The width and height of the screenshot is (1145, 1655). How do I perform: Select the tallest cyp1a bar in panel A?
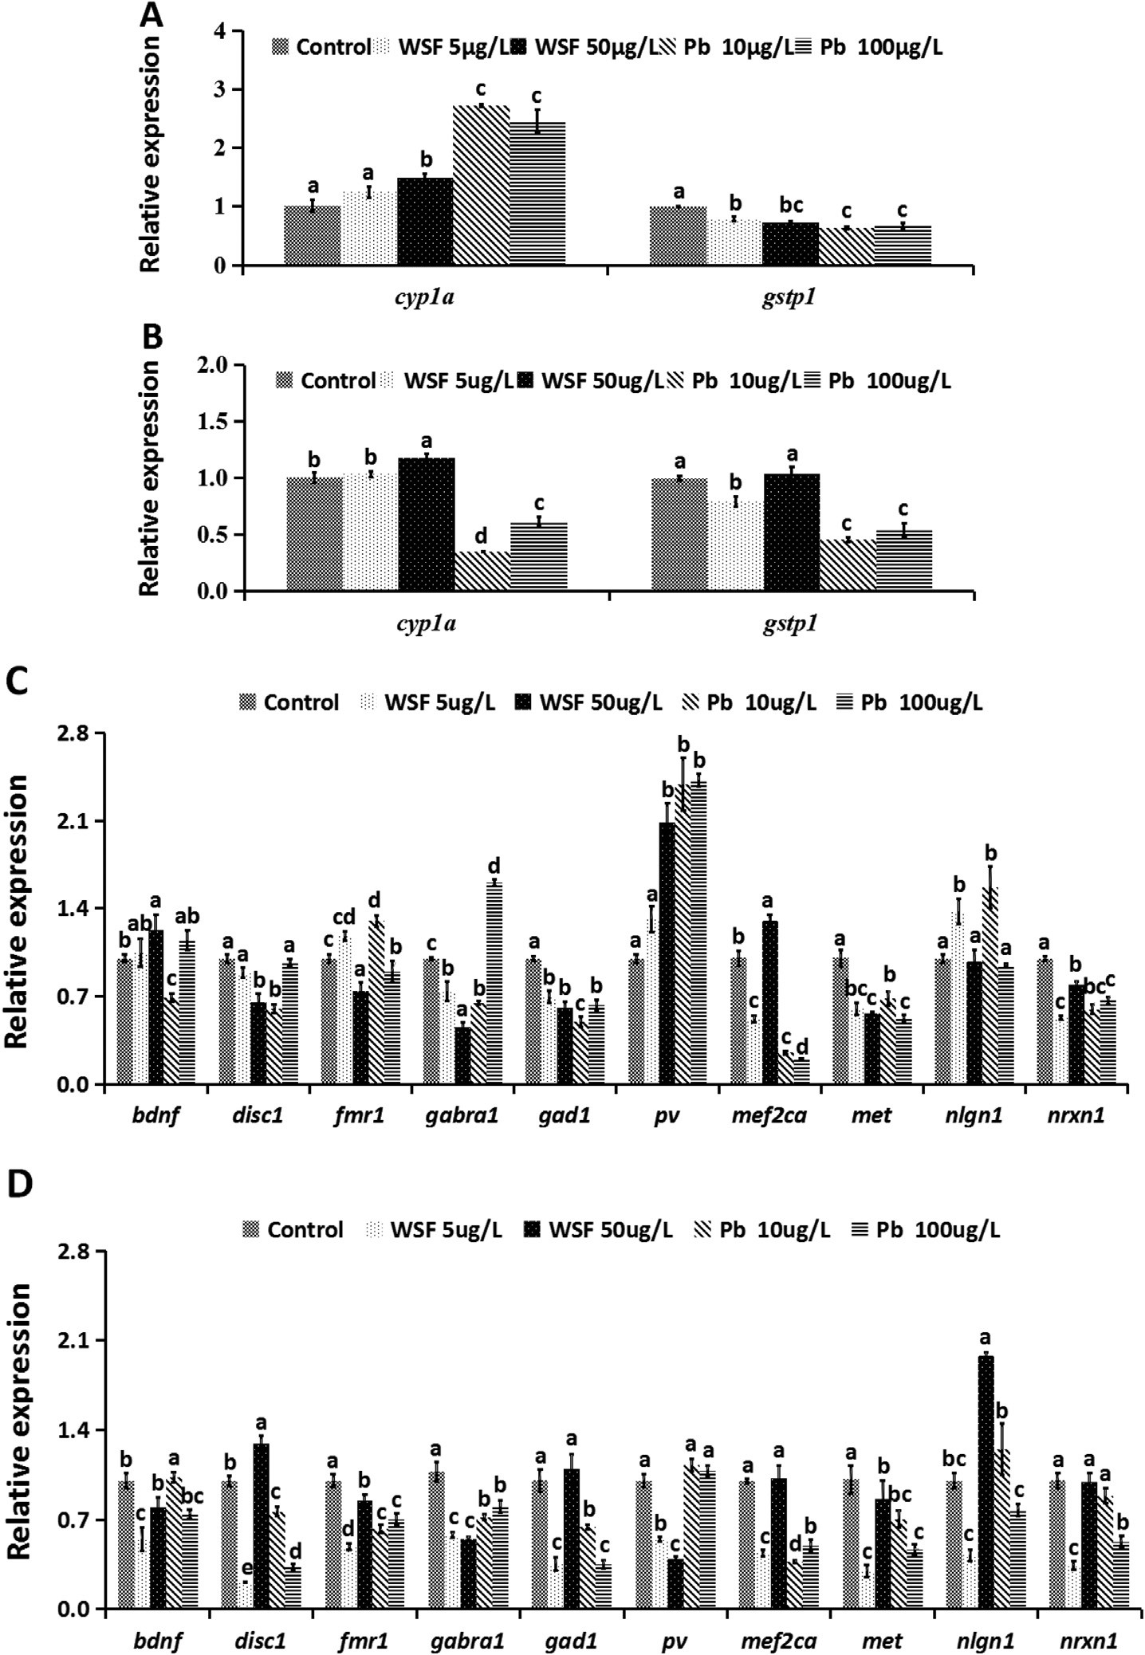[x=481, y=185]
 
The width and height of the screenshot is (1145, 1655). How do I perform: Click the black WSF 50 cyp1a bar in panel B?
[x=426, y=525]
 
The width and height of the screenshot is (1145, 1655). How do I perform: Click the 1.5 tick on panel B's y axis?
[x=209, y=422]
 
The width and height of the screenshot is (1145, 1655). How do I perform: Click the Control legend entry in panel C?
[x=290, y=702]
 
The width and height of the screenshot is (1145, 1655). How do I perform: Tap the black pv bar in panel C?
[x=667, y=953]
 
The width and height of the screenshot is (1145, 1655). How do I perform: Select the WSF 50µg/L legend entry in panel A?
[x=585, y=46]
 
